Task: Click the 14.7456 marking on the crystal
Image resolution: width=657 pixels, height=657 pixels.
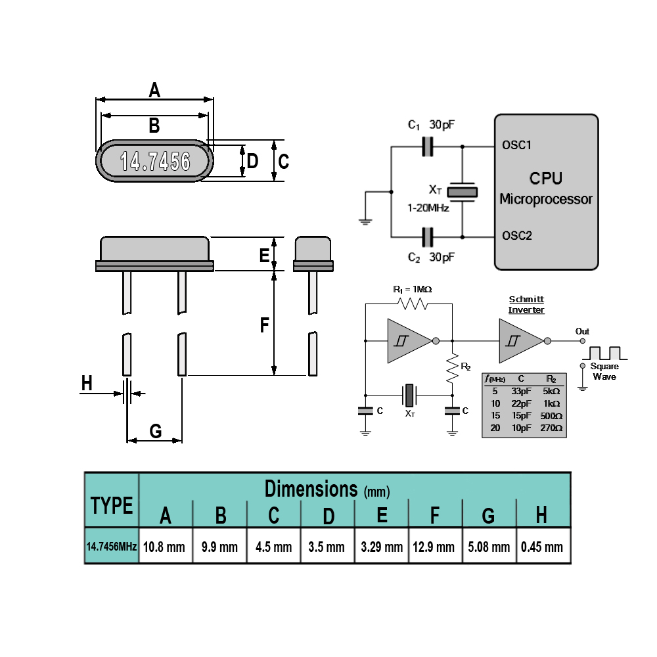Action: [x=155, y=162]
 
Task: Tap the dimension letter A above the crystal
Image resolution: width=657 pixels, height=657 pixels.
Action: [x=154, y=89]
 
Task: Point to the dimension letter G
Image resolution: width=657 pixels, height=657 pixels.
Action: [x=156, y=431]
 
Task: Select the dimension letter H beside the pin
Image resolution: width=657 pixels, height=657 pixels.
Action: [x=87, y=383]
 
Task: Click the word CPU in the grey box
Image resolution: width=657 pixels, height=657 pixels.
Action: [x=545, y=179]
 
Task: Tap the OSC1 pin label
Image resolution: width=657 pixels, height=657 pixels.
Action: [x=516, y=145]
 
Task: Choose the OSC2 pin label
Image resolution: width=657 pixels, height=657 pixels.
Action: [x=517, y=235]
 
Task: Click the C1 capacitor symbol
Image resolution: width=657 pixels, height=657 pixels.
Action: [x=428, y=147]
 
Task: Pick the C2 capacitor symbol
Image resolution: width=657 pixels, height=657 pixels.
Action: [x=428, y=237]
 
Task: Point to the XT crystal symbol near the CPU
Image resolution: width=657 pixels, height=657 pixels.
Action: [x=462, y=193]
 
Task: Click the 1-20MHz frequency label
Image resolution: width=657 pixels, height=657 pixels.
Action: [x=428, y=208]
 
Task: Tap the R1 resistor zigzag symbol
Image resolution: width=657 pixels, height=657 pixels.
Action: [x=413, y=304]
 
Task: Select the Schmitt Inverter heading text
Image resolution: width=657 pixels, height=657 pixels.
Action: [x=526, y=305]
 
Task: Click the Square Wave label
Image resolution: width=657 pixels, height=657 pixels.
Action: [x=604, y=371]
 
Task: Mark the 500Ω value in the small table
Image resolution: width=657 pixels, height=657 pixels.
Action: [x=551, y=416]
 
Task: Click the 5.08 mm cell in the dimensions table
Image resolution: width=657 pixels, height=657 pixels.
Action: [x=489, y=547]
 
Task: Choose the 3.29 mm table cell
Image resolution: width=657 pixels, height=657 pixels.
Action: [x=382, y=547]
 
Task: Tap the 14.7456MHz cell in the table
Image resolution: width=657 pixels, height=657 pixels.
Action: [x=112, y=546]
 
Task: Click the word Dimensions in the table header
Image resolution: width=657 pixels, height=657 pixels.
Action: [x=311, y=489]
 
